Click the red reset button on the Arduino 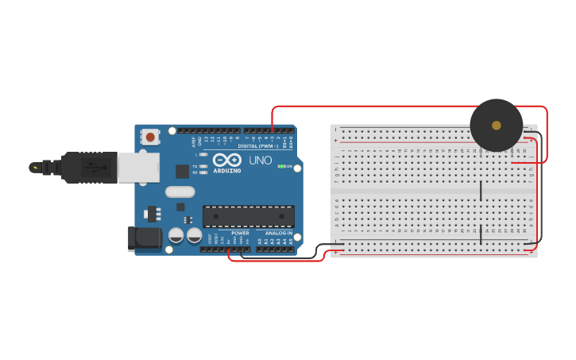(x=151, y=137)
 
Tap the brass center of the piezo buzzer (x=497, y=125)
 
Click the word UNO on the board (x=261, y=160)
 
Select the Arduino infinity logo (x=227, y=159)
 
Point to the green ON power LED (x=282, y=166)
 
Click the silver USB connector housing (x=138, y=167)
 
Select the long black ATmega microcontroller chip (x=248, y=216)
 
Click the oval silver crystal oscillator (x=180, y=192)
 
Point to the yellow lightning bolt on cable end (x=34, y=167)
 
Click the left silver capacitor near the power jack (x=176, y=236)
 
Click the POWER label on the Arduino (x=240, y=233)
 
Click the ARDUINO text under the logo (x=227, y=170)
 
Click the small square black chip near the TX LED (x=183, y=170)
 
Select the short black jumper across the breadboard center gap (x=481, y=191)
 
